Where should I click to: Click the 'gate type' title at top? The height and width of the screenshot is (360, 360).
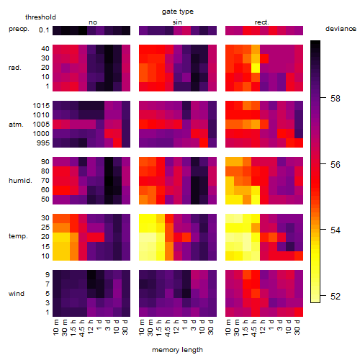click(178, 12)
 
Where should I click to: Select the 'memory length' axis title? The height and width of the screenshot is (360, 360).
click(177, 350)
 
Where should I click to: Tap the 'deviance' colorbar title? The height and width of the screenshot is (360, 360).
click(341, 29)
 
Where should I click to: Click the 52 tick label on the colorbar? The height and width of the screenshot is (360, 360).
click(335, 297)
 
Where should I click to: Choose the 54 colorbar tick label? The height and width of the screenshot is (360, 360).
click(335, 230)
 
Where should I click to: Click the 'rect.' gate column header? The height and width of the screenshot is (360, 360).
click(261, 22)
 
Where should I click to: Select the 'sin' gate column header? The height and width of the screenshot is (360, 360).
click(177, 22)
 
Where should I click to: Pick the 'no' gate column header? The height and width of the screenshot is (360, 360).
click(93, 22)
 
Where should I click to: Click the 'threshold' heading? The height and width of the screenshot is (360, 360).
click(40, 17)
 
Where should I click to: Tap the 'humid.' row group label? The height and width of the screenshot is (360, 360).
click(20, 181)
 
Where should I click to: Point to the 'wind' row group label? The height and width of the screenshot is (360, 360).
click(17, 294)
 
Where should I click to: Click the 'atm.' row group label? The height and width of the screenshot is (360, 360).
click(16, 125)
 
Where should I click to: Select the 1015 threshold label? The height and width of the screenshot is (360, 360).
click(41, 106)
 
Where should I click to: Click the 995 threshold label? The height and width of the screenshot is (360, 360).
click(43, 143)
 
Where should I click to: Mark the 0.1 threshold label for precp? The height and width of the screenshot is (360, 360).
click(44, 30)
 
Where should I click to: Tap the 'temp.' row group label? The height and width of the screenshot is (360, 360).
click(18, 236)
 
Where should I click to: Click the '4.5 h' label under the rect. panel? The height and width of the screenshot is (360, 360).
click(254, 328)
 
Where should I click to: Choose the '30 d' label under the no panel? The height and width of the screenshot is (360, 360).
click(125, 327)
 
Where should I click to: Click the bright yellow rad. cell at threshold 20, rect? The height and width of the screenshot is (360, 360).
click(256, 68)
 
